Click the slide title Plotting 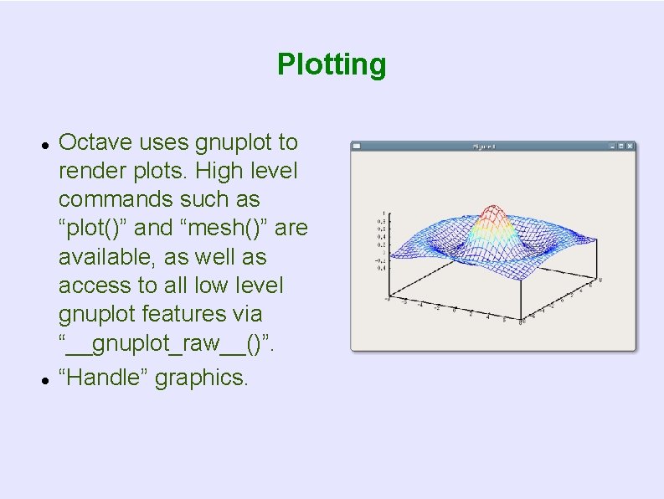click(332, 64)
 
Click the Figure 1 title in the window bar click(484, 147)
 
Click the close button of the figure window click(631, 146)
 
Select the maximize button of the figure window click(621, 146)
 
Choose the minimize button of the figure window click(612, 146)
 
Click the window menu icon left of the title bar click(357, 146)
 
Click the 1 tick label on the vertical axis click(384, 213)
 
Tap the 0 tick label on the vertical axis click(384, 252)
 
